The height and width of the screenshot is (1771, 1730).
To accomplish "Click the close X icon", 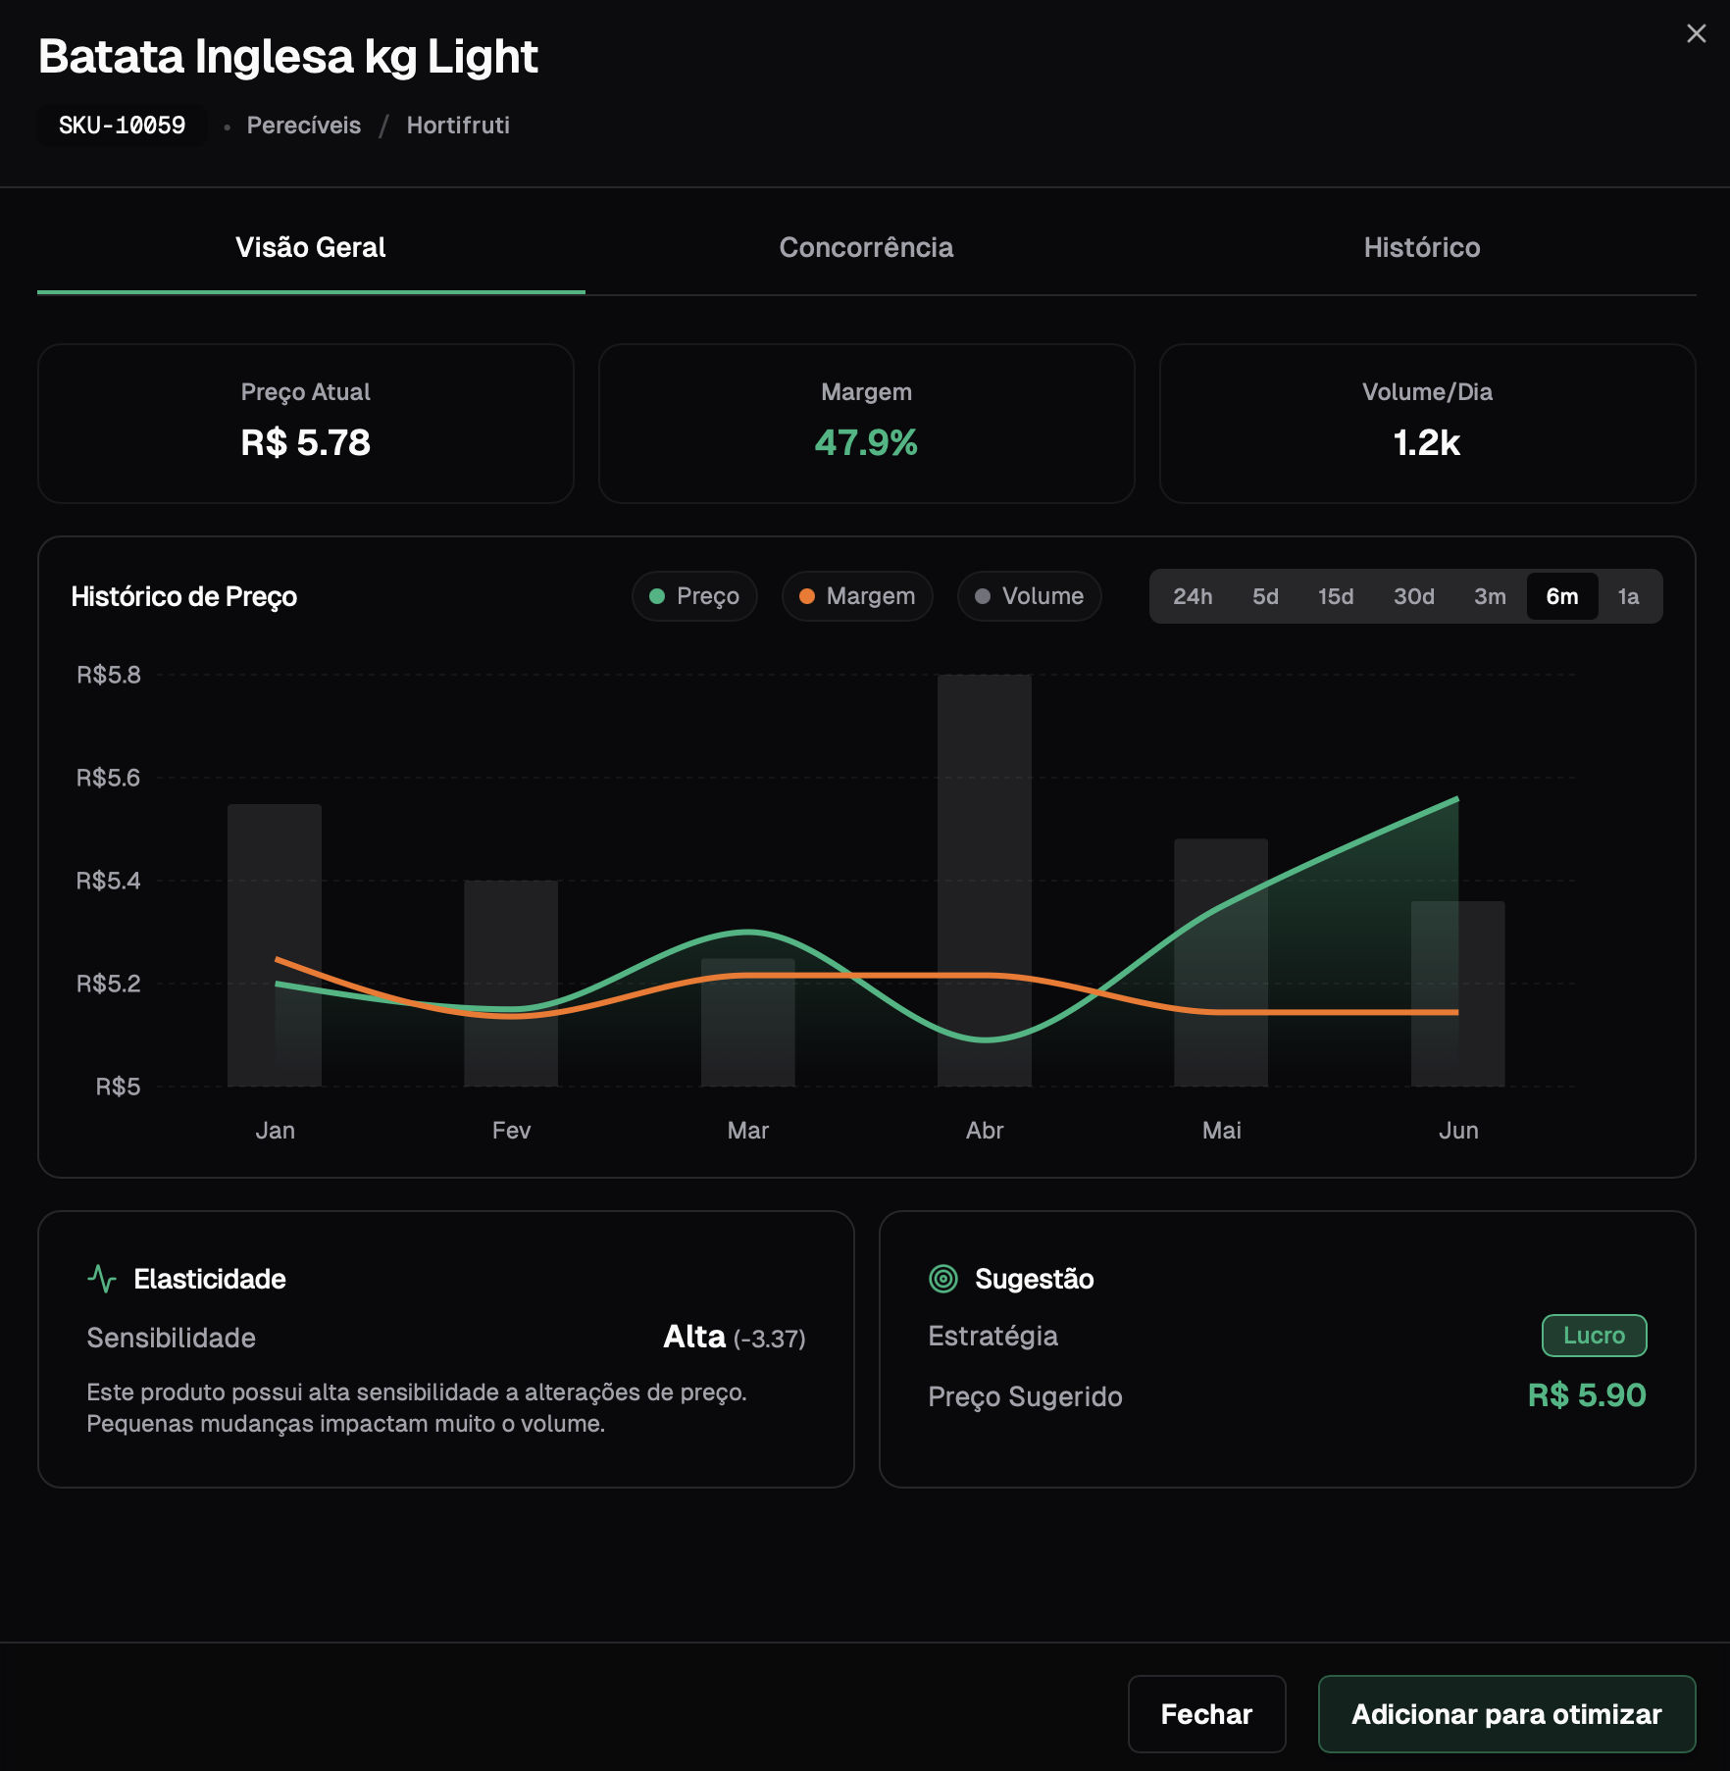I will [1696, 34].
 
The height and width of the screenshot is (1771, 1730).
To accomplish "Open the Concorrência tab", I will [866, 248].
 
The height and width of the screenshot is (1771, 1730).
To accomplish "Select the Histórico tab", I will [1421, 248].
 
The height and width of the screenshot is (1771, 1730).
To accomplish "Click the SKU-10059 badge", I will [122, 126].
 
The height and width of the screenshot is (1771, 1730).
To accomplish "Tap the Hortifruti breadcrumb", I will [458, 126].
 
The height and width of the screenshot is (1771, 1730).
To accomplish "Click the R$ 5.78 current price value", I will [306, 443].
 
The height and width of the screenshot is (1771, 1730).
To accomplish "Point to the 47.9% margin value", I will [866, 443].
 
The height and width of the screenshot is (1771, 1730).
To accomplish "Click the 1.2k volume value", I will [1427, 443].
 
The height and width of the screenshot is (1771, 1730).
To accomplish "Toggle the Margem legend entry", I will [857, 596].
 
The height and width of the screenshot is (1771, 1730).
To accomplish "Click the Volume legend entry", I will [1029, 596].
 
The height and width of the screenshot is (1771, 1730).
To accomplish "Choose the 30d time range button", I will [1413, 596].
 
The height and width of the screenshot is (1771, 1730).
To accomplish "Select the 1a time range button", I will [1628, 596].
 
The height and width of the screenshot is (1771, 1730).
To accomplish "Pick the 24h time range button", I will [1193, 596].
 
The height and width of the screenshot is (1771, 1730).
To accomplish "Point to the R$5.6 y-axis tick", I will [109, 778].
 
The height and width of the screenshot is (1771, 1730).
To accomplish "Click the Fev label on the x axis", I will [511, 1131].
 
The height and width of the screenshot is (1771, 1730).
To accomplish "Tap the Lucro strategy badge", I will [1594, 1336].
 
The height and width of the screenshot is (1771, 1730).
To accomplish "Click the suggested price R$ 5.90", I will [1586, 1395].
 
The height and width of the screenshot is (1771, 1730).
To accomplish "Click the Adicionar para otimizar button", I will [1506, 1714].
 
